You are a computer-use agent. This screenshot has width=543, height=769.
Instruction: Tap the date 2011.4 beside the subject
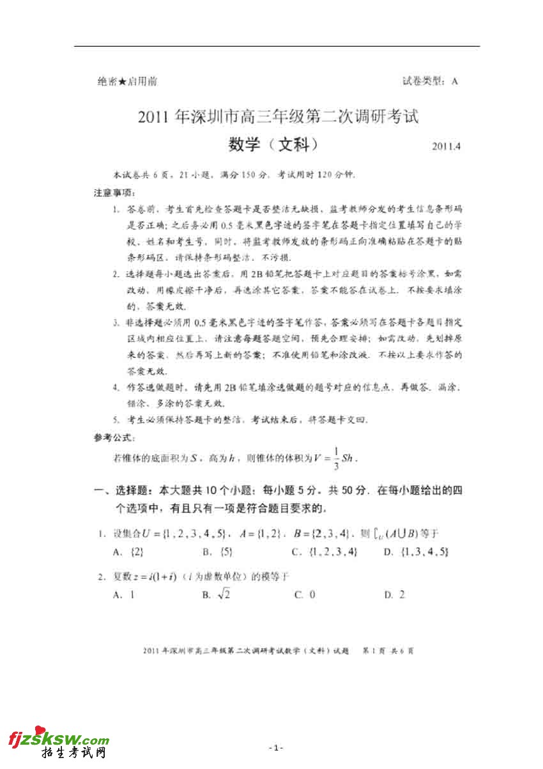click(445, 146)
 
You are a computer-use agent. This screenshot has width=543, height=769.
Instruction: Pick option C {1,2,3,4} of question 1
click(324, 551)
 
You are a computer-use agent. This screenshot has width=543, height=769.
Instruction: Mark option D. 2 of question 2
click(394, 594)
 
